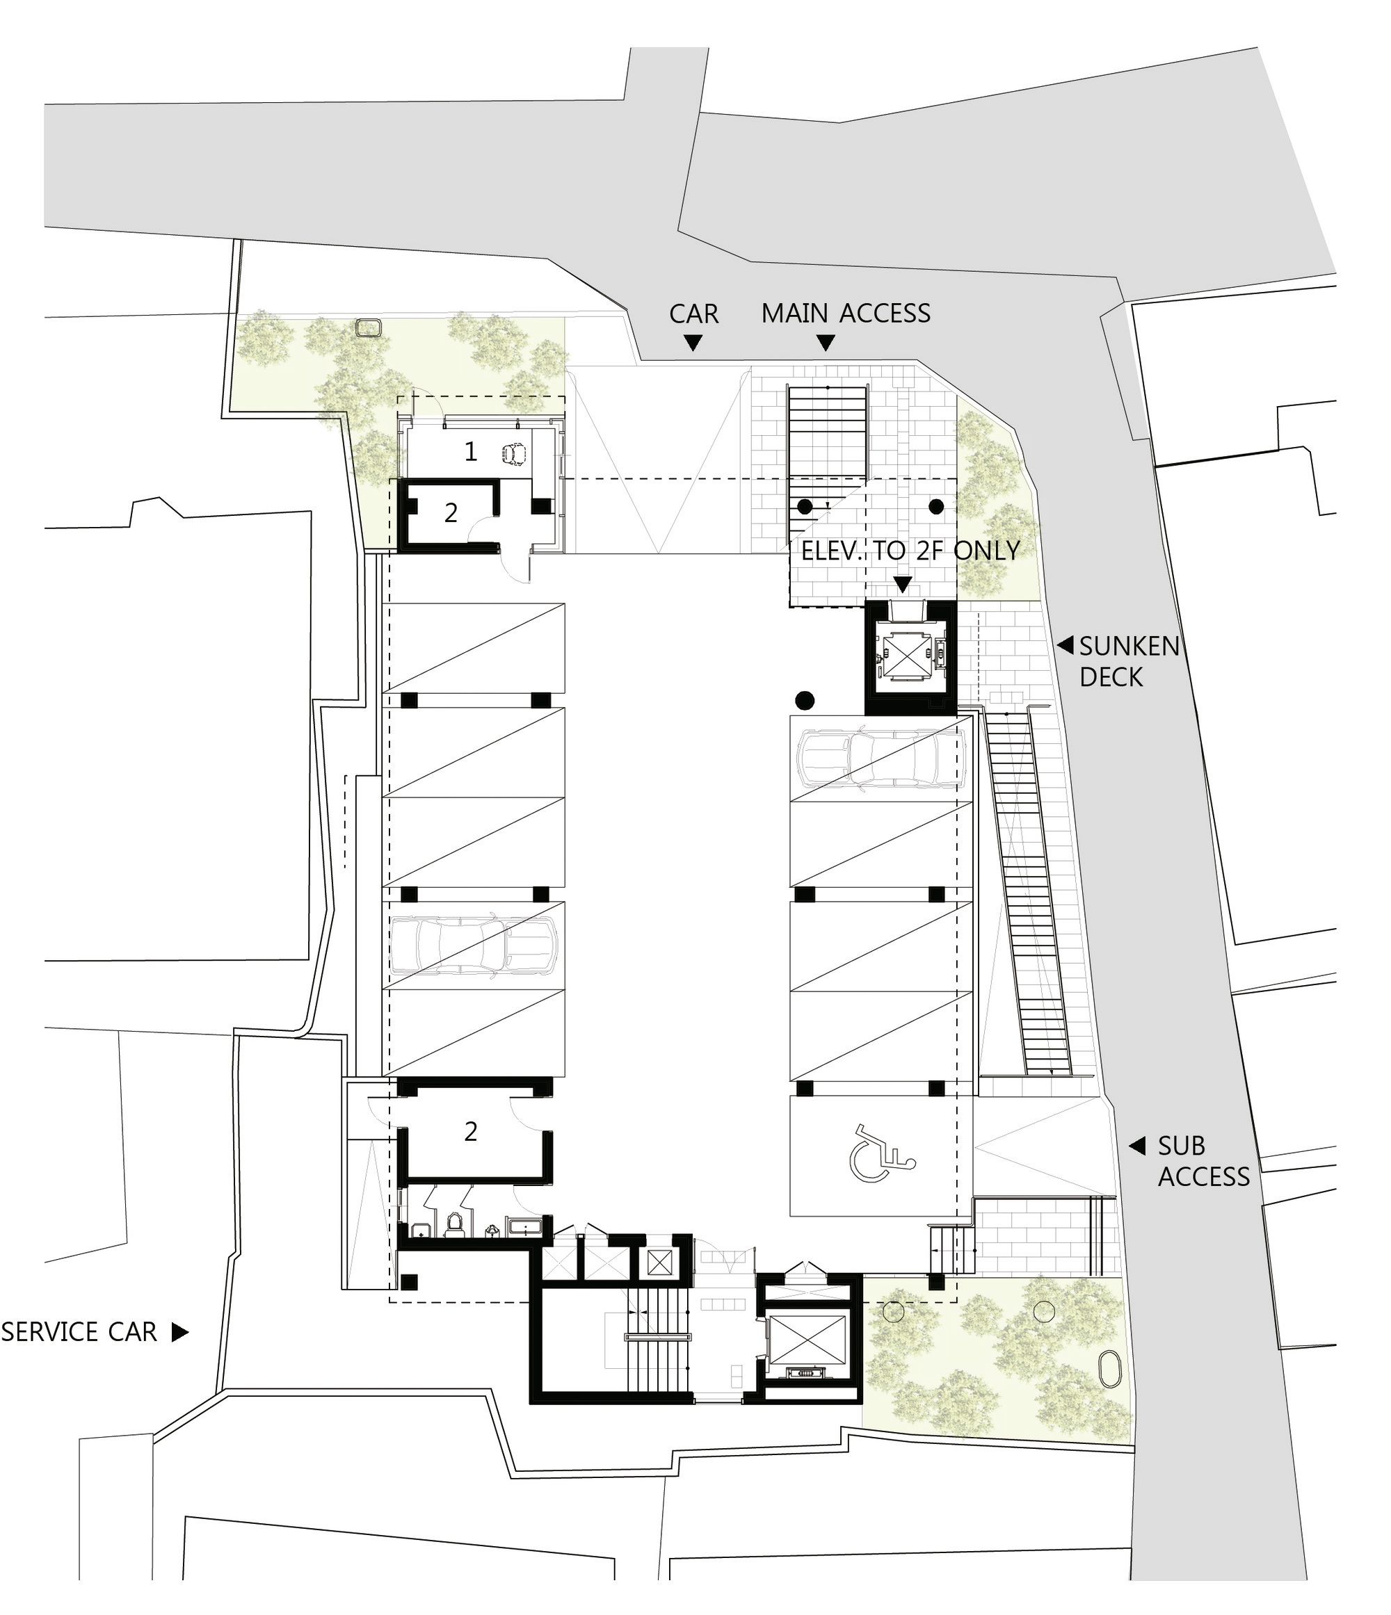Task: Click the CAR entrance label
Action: click(x=694, y=314)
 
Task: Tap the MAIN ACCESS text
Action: click(x=846, y=314)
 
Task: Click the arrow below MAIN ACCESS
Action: click(x=826, y=342)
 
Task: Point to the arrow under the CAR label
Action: click(x=693, y=342)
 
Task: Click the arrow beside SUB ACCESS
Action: click(x=1138, y=1146)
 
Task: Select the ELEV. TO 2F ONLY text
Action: click(x=910, y=551)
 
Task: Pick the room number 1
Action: click(x=470, y=451)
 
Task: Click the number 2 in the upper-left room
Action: click(x=451, y=513)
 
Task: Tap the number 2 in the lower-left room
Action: click(x=470, y=1131)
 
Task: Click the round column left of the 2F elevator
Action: click(x=805, y=701)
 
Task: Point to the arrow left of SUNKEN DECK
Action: click(x=1064, y=645)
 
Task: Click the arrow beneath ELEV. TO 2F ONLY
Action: click(x=903, y=584)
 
